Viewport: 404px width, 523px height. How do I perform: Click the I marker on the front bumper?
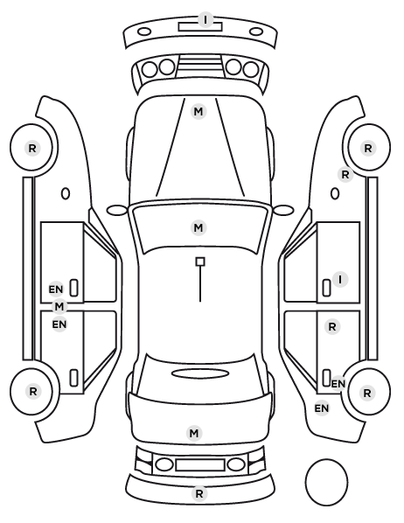pos(205,19)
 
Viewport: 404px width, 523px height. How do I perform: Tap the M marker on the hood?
pos(199,111)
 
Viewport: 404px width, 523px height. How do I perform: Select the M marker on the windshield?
pos(199,227)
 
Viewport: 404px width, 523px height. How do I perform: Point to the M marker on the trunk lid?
pos(194,433)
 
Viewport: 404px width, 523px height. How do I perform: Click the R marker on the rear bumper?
pos(199,493)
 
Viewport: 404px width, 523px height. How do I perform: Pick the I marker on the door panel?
pos(340,280)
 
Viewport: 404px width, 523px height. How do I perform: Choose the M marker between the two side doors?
pos(59,306)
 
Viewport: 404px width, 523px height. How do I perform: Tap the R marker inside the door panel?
pos(332,327)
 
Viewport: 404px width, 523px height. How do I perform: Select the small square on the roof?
pos(200,261)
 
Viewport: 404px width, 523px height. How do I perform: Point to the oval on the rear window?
pos(200,374)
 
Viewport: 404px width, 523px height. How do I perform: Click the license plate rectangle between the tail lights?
pos(200,464)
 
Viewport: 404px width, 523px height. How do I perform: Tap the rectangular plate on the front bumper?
pos(200,27)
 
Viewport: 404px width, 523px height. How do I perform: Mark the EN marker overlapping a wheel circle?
pos(338,384)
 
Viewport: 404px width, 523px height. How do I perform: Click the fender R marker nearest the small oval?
pos(345,174)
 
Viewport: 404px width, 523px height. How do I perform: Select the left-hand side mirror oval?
pos(117,211)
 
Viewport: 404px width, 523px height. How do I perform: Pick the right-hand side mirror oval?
pos(283,211)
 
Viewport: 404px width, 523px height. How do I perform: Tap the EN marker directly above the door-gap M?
pos(56,289)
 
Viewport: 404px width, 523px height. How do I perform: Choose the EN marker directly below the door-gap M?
pos(59,324)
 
